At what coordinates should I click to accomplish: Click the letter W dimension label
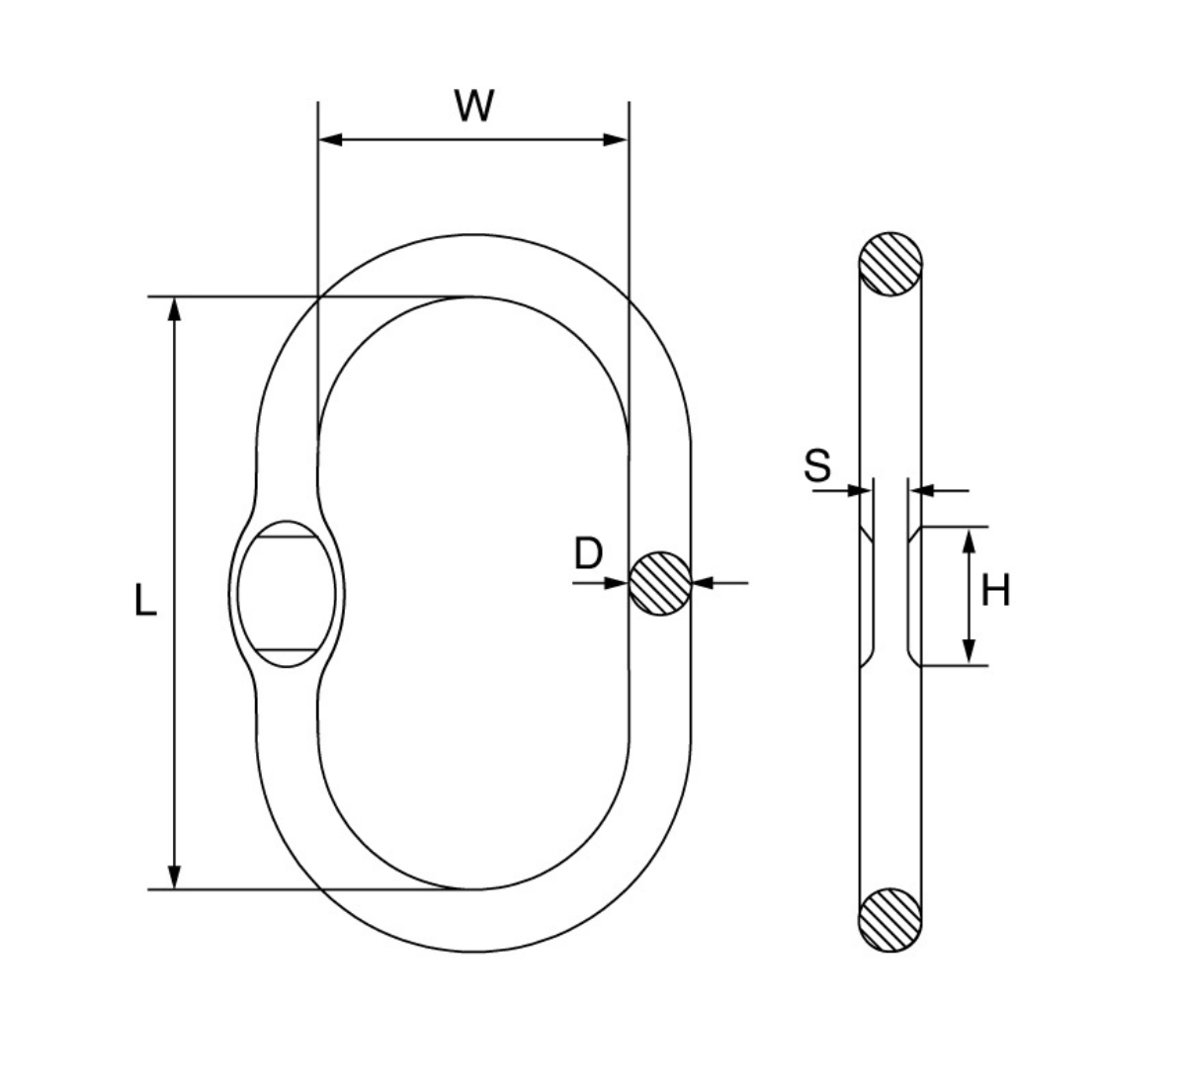click(x=474, y=107)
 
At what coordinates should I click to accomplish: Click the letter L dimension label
click(x=145, y=601)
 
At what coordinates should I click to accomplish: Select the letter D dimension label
click(x=588, y=554)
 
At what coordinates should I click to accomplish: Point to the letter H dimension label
click(x=995, y=591)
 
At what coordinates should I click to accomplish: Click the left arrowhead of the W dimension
click(x=331, y=140)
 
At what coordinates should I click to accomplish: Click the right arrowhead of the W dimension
click(x=615, y=140)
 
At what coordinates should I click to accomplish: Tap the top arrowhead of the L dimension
click(x=174, y=310)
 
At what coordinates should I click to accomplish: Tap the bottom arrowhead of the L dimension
click(x=174, y=878)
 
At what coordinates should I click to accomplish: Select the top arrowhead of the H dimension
click(x=969, y=542)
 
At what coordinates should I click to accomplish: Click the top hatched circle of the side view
click(x=890, y=265)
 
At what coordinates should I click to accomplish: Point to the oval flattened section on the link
click(x=287, y=594)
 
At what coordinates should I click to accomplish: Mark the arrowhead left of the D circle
click(x=616, y=583)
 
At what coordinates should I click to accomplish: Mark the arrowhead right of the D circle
click(x=704, y=583)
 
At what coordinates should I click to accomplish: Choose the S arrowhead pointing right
click(x=860, y=490)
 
